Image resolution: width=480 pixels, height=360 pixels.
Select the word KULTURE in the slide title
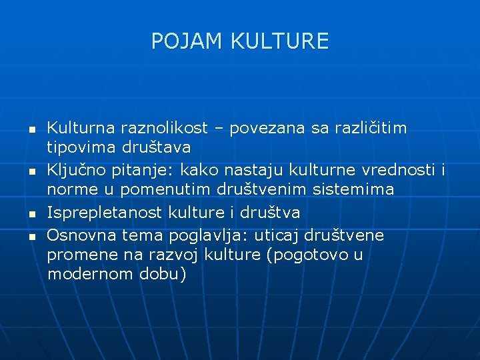click(x=279, y=41)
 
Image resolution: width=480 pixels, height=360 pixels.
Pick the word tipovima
click(x=82, y=146)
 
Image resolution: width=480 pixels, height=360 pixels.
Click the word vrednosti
click(x=397, y=170)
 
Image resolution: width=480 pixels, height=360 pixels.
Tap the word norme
click(x=71, y=189)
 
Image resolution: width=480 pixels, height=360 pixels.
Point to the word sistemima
click(x=353, y=189)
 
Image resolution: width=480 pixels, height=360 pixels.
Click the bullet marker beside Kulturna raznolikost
click(x=31, y=128)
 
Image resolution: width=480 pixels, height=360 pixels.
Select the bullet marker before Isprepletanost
click(x=31, y=215)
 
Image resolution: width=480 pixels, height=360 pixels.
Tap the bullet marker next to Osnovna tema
click(x=31, y=236)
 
